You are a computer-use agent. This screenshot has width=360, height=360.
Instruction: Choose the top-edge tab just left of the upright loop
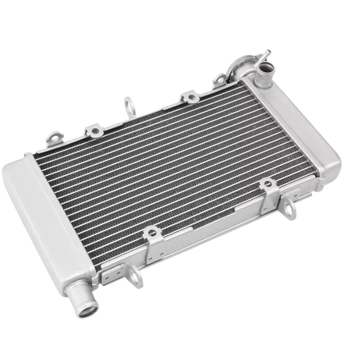coord(95,131)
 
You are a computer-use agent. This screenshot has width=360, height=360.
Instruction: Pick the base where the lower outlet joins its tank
coord(74,288)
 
